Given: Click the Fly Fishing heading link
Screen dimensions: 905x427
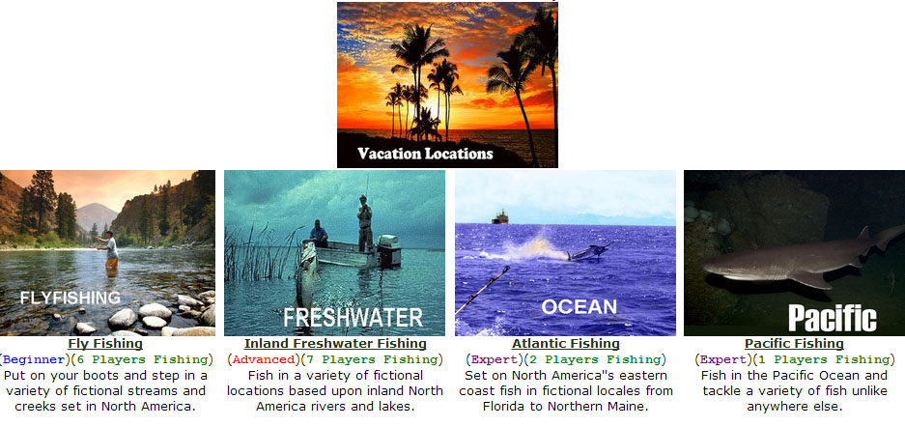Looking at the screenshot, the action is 105,344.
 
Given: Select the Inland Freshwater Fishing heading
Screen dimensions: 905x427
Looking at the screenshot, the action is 335,344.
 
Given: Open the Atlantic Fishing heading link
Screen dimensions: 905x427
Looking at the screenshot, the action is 566,344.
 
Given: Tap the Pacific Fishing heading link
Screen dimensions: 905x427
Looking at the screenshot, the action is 794,344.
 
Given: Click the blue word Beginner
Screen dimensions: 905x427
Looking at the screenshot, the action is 34,360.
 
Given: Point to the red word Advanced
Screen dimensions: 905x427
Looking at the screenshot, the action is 263,360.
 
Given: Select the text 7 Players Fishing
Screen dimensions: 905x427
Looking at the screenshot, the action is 372,360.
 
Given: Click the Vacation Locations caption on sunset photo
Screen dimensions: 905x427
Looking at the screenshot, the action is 425,154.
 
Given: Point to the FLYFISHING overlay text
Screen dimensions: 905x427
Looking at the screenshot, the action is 70,298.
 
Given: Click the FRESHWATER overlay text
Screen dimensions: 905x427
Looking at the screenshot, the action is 354,318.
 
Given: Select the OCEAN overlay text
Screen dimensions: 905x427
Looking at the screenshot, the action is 579,306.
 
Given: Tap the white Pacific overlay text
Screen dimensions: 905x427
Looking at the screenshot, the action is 833,318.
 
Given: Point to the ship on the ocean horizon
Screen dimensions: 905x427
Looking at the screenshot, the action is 499,217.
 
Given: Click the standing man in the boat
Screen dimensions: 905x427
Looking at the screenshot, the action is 364,223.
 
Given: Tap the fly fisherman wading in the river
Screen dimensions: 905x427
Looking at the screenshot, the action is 110,249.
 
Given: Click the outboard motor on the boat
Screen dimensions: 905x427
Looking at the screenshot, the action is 389,250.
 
